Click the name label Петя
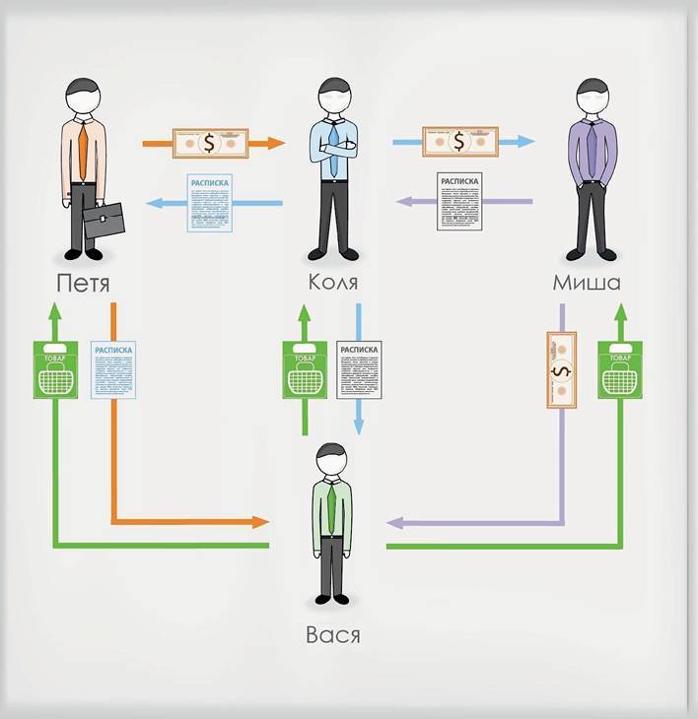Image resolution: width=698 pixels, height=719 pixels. [x=83, y=285]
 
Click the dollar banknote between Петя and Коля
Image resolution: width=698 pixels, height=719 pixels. [x=209, y=143]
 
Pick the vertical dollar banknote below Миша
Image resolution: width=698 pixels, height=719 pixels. [x=560, y=370]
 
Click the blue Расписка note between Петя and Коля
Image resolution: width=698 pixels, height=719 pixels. [x=209, y=203]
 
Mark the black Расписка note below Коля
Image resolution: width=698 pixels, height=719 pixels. [x=358, y=369]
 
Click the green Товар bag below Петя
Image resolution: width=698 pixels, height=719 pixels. [x=55, y=369]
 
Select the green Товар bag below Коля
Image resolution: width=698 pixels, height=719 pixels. [x=305, y=369]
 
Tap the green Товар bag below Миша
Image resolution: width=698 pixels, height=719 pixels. [x=620, y=369]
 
